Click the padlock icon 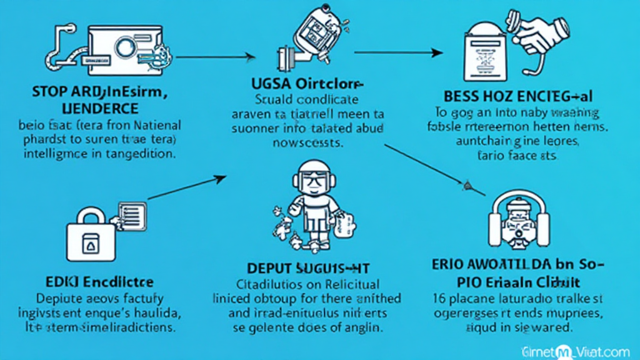point(91,234)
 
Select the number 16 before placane point(439,297)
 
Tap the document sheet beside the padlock point(131,216)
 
